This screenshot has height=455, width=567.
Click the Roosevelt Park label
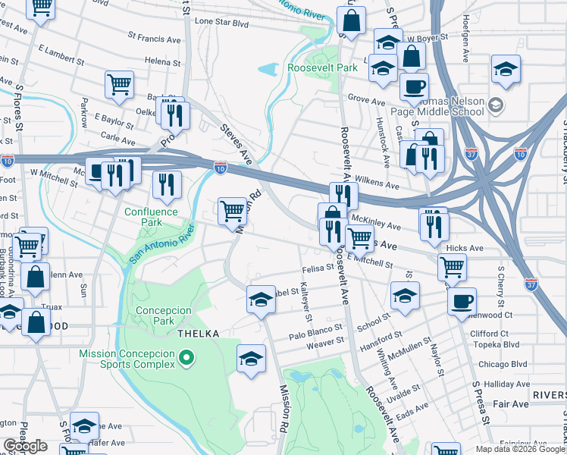[321, 67]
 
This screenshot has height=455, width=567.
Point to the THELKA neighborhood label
[198, 334]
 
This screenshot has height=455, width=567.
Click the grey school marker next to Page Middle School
[497, 104]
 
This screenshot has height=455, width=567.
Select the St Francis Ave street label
[154, 36]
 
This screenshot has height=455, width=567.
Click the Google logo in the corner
[25, 446]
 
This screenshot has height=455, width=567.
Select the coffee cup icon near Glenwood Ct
[461, 301]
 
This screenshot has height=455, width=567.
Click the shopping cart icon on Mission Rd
[232, 211]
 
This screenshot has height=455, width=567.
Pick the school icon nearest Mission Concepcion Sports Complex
[252, 359]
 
